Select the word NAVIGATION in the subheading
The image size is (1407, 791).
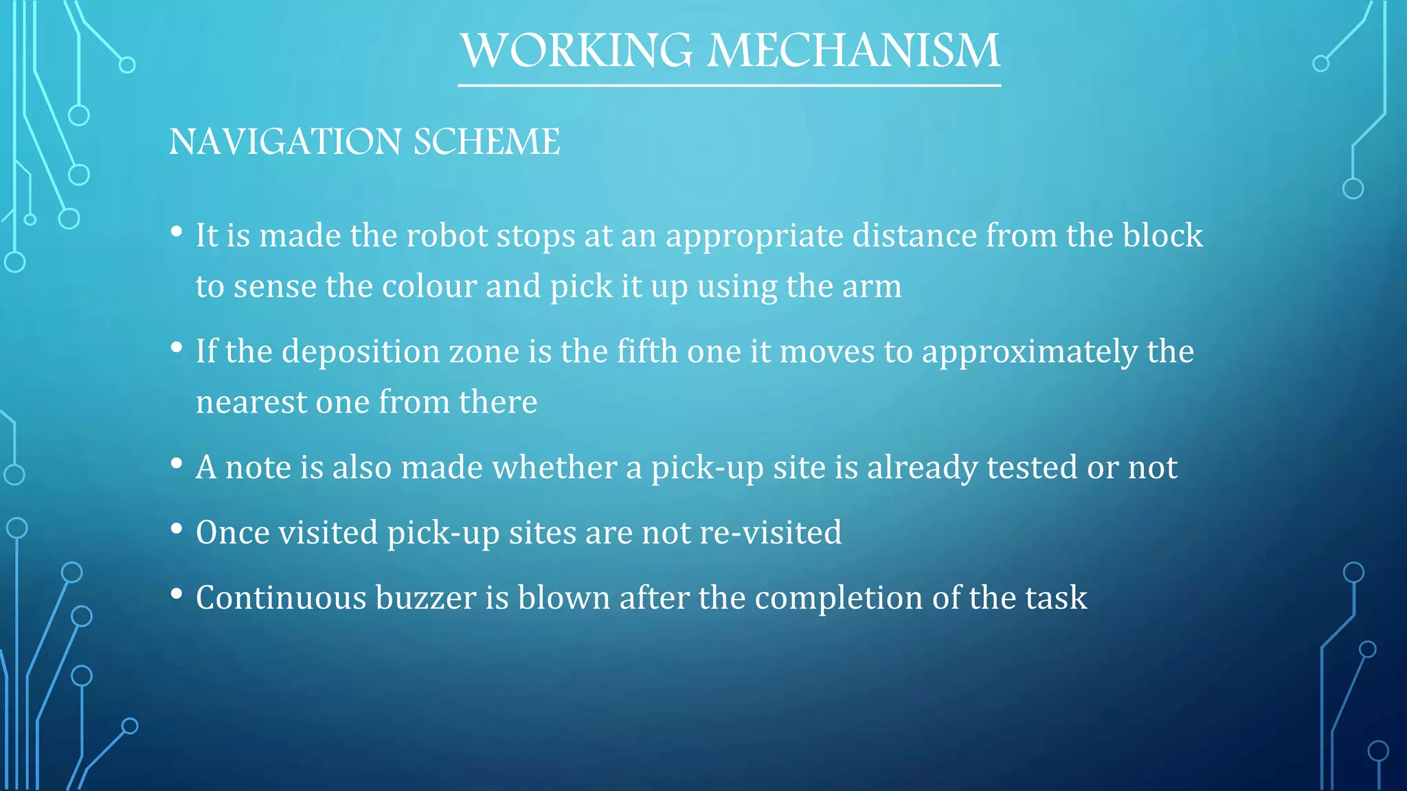tap(285, 142)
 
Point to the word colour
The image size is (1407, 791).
tap(429, 286)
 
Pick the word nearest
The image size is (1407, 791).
tap(251, 402)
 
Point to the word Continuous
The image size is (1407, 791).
tap(281, 598)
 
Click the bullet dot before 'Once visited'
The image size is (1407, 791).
tap(177, 529)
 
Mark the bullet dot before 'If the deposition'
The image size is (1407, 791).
tap(177, 347)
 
